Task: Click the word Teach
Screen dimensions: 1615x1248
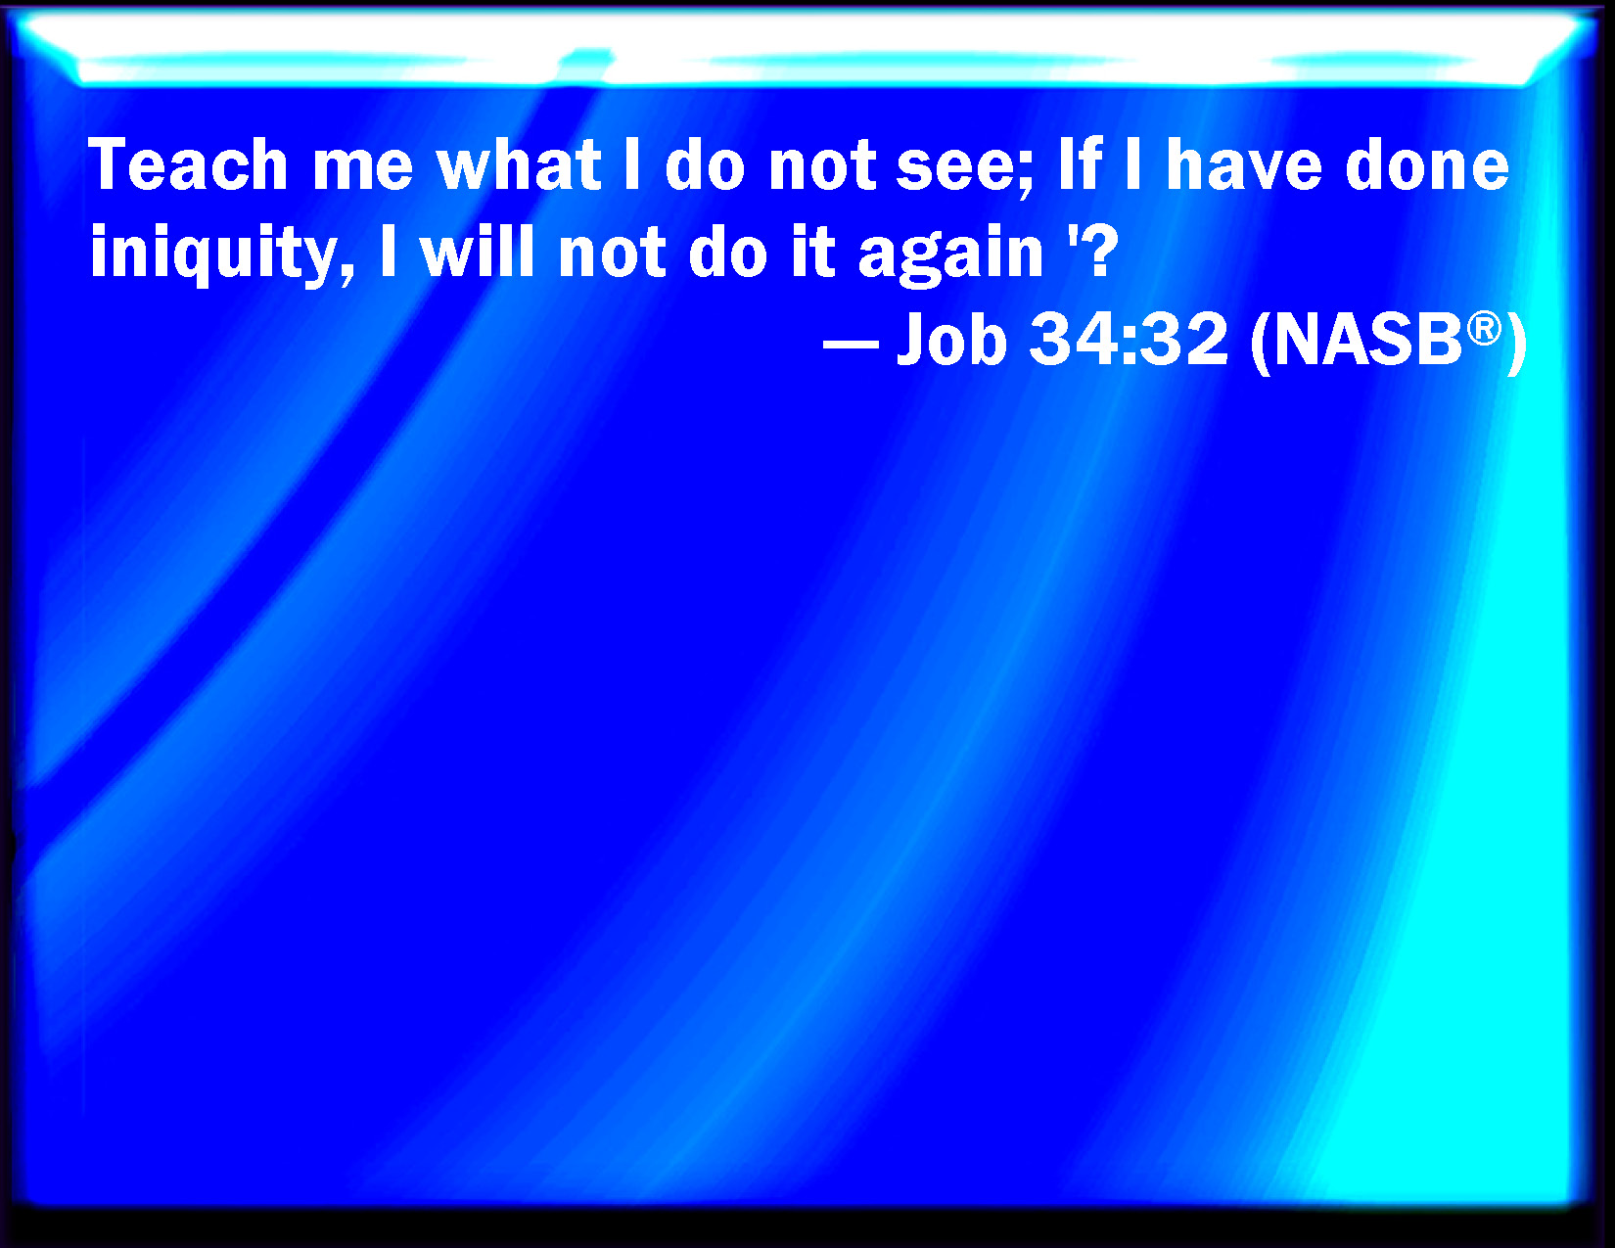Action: [x=189, y=164]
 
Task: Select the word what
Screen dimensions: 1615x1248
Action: [x=519, y=164]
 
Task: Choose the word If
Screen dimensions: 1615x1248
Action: [x=1080, y=164]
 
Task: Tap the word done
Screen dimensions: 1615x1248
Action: [x=1428, y=164]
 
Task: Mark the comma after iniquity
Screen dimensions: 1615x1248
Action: [x=346, y=269]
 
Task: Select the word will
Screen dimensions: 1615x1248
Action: [x=477, y=252]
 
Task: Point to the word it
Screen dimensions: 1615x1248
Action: [x=813, y=252]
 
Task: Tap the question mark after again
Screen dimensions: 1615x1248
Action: [x=1098, y=252]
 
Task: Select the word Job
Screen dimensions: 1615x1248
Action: [x=952, y=339]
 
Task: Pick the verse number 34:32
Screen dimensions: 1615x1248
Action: [x=1129, y=339]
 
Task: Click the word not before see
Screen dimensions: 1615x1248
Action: [x=822, y=166]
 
